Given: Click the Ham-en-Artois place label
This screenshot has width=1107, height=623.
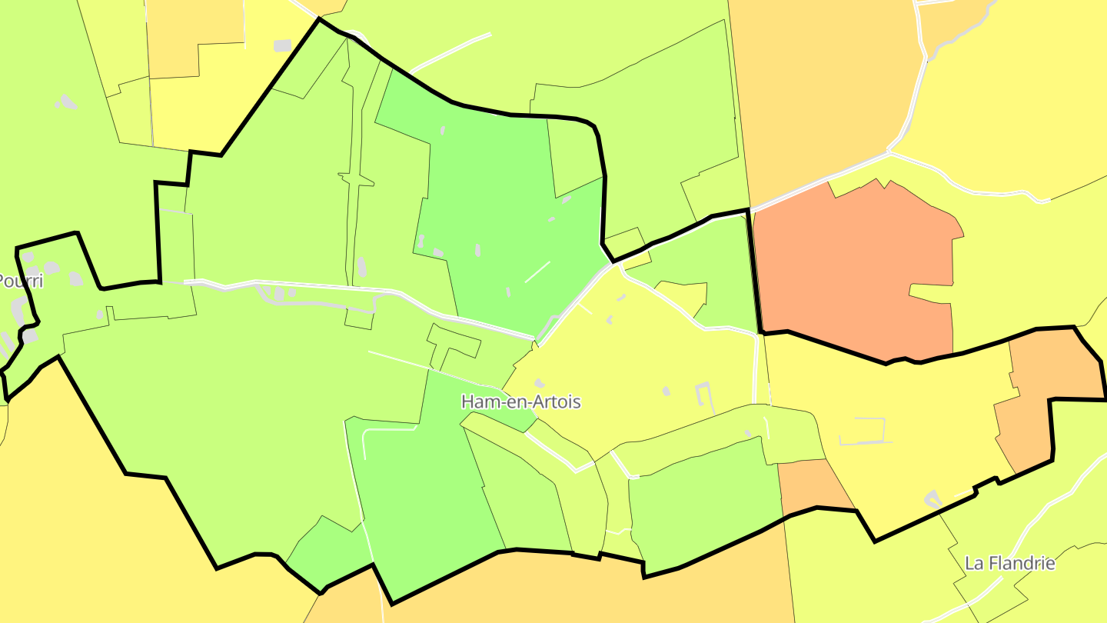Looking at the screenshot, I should tap(520, 401).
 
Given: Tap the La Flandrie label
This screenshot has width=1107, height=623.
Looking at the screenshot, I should tap(1009, 563).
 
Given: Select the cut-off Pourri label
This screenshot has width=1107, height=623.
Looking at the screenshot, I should tap(20, 282).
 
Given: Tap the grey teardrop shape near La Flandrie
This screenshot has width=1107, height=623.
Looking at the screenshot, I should tap(932, 498).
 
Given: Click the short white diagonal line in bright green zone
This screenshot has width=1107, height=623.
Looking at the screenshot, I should tap(537, 272).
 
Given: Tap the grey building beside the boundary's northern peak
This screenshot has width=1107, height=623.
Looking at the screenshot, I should tap(283, 45).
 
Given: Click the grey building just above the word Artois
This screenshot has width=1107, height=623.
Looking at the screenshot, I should tap(540, 382).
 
